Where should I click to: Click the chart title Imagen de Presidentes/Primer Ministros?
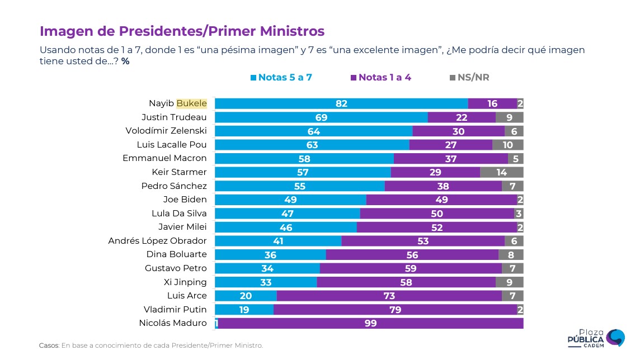[182, 31]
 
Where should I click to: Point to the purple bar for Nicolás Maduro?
[370, 324]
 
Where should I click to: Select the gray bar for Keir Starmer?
[502, 172]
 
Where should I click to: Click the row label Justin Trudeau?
[174, 117]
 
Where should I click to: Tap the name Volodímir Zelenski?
[166, 131]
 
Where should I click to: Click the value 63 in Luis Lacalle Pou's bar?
[312, 145]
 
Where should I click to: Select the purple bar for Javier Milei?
[437, 227]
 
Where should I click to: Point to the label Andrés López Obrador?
[157, 241]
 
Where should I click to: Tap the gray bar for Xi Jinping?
[510, 282]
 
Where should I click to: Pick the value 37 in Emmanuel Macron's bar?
[451, 158]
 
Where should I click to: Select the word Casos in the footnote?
[49, 345]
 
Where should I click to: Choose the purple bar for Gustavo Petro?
[411, 268]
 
